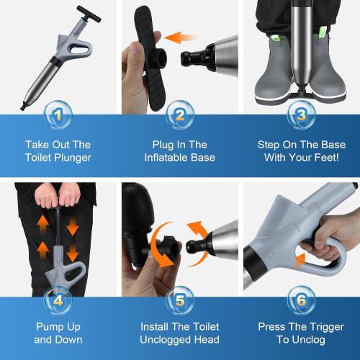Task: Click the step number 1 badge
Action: [59, 114]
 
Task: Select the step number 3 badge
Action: [299, 114]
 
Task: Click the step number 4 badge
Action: [59, 297]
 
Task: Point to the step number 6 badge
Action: [299, 297]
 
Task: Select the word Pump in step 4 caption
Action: [48, 325]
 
